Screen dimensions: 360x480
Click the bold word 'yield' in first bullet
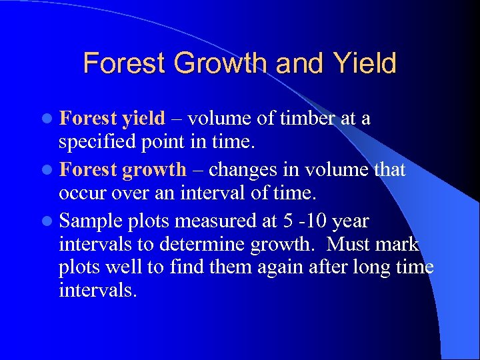tap(143, 119)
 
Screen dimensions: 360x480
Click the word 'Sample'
tap(91, 222)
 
